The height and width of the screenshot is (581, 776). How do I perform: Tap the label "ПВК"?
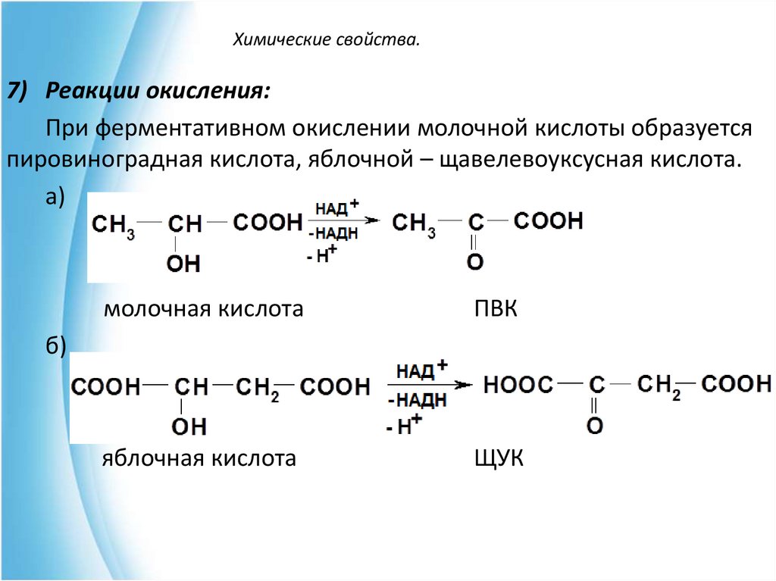[496, 309]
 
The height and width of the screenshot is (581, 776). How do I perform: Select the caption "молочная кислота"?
[204, 309]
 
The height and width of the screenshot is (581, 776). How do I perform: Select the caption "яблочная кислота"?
[199, 458]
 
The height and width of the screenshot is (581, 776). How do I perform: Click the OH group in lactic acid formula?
[183, 264]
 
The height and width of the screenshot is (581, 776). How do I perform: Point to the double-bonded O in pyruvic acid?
[475, 263]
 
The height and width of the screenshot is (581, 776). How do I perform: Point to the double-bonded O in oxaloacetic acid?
[596, 426]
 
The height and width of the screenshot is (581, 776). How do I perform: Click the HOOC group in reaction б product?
[518, 385]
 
